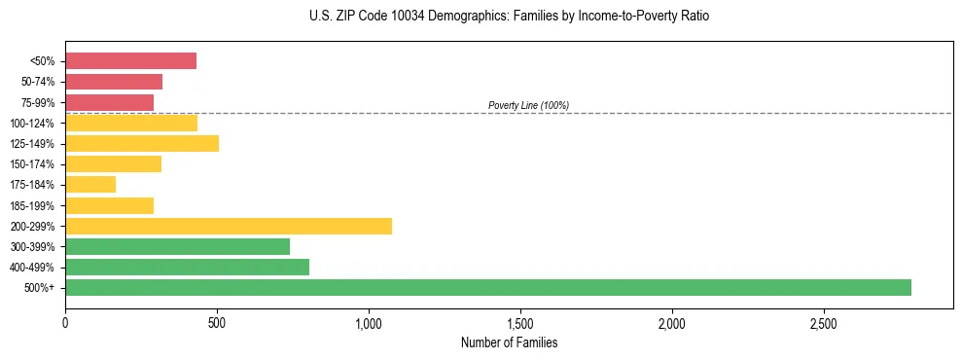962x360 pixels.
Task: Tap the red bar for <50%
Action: (x=130, y=61)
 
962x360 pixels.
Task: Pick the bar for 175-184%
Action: (x=90, y=184)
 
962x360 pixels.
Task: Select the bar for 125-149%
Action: (x=142, y=143)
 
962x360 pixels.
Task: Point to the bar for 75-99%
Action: (x=109, y=102)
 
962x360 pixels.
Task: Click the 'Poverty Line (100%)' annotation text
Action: (x=528, y=105)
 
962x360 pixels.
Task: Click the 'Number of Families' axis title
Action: (x=509, y=342)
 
